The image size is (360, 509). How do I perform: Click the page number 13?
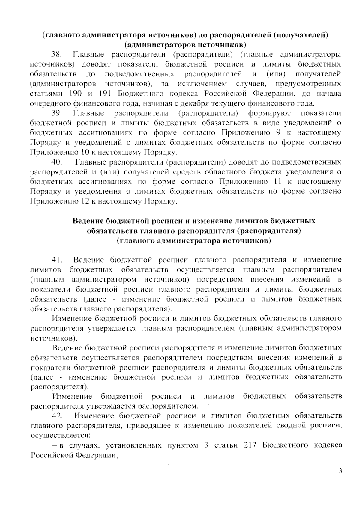(x=339, y=471)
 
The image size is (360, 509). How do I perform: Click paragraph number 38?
(x=57, y=55)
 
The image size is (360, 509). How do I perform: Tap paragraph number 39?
(x=57, y=113)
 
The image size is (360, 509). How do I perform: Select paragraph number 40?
(x=57, y=162)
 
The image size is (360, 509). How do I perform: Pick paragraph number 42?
(x=58, y=416)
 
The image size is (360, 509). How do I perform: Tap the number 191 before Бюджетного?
(x=105, y=94)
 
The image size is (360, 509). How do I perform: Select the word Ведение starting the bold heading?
(x=88, y=221)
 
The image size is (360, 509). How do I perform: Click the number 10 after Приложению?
(x=85, y=153)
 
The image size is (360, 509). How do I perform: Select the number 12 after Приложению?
(x=85, y=201)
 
